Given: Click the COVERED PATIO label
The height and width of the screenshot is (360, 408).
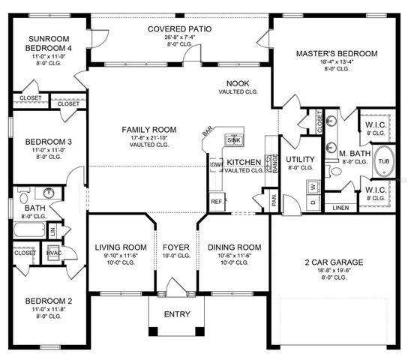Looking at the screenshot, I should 179,28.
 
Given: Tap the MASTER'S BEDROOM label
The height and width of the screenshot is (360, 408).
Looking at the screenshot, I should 336,54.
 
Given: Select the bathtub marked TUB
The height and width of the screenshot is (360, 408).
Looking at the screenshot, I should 383,161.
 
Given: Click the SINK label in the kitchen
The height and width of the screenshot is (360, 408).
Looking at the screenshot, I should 233,140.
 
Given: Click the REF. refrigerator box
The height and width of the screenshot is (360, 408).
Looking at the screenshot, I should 217,202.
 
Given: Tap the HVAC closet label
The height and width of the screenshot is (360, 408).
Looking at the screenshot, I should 53,253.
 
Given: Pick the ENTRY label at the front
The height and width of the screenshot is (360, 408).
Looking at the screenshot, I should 176,314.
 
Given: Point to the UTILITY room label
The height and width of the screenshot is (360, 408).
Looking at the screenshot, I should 300,160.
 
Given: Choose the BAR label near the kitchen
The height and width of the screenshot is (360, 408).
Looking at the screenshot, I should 208,133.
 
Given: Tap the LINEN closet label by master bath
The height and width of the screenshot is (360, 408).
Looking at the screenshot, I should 340,207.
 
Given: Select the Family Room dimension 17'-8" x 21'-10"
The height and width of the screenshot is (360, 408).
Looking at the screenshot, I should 149,138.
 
